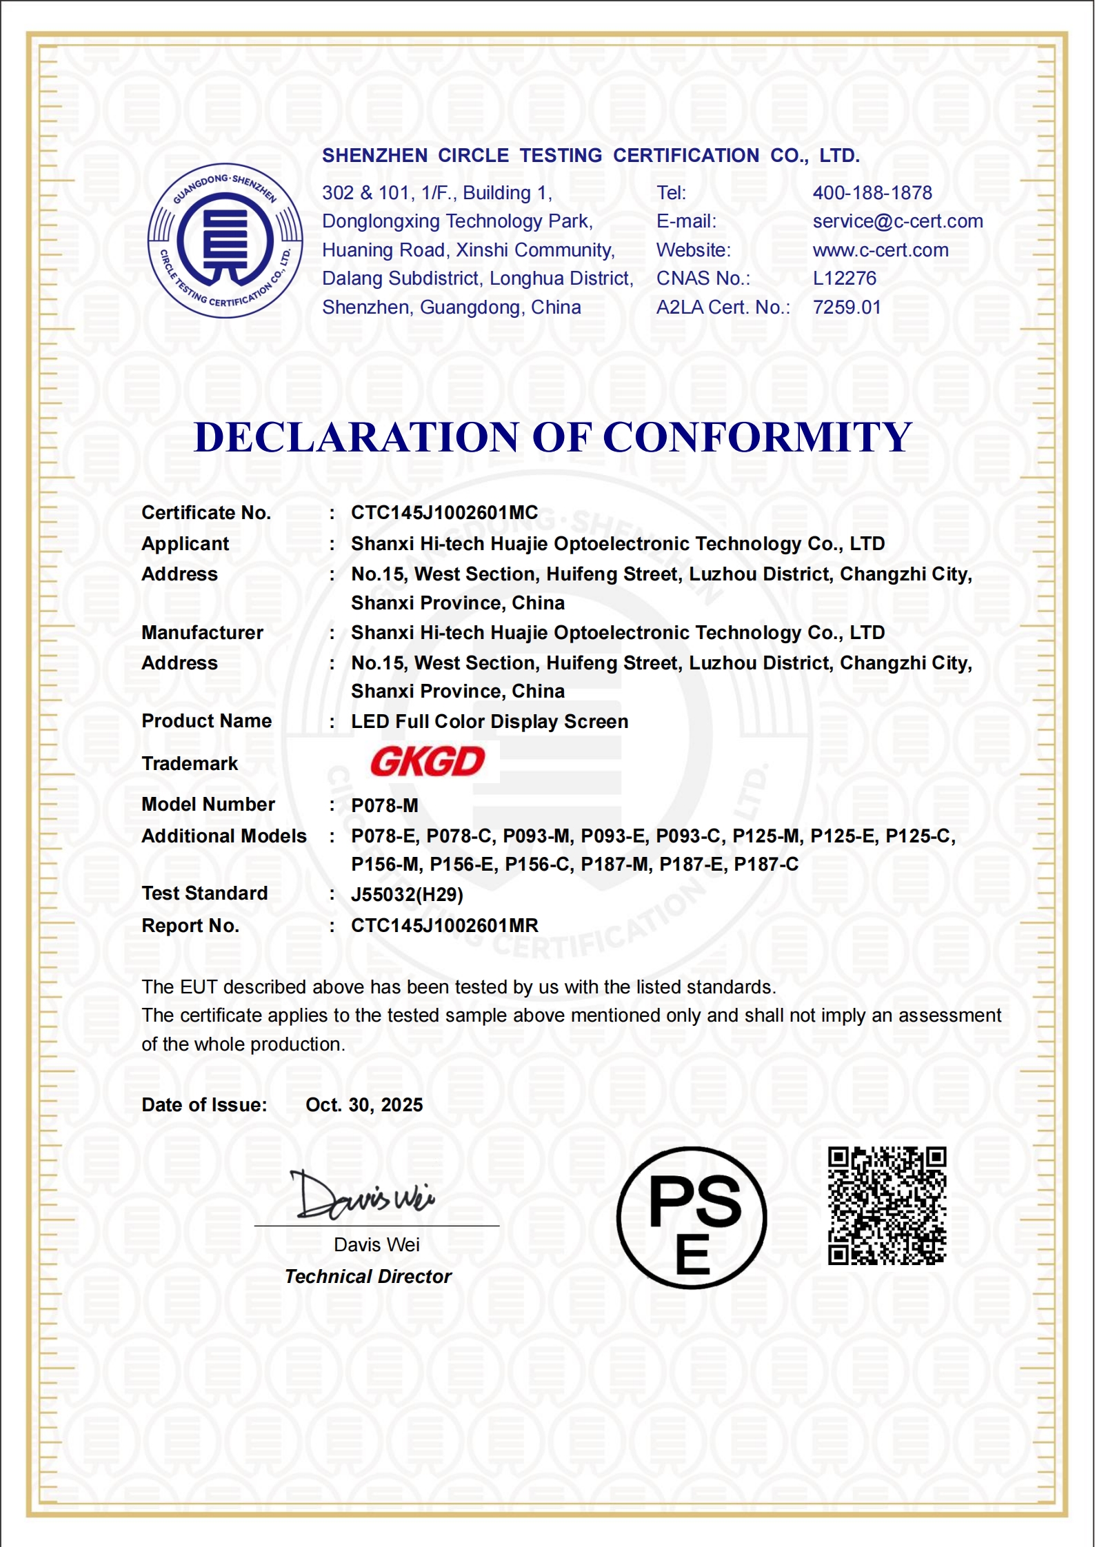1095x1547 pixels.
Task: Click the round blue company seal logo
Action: [225, 241]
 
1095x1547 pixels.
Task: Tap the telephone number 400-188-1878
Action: [872, 193]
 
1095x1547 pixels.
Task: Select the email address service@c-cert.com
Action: [898, 221]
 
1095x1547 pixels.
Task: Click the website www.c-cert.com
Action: [881, 250]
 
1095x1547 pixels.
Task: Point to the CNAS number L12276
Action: [845, 279]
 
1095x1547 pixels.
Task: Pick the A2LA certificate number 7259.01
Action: [847, 307]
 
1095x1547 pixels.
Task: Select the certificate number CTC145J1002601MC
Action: [444, 513]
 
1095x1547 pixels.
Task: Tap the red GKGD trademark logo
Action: [428, 762]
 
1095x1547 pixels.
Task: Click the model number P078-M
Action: [385, 805]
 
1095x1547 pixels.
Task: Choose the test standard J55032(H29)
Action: [407, 895]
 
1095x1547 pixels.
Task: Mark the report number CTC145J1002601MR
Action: [444, 926]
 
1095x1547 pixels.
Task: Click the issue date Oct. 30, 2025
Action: [364, 1105]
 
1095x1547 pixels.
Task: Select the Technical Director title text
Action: [368, 1277]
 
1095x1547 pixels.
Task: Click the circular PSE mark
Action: [692, 1218]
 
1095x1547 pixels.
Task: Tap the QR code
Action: [887, 1206]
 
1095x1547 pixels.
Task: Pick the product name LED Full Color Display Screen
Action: [490, 722]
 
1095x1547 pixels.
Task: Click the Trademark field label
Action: [190, 764]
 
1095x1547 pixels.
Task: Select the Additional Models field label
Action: [224, 836]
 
